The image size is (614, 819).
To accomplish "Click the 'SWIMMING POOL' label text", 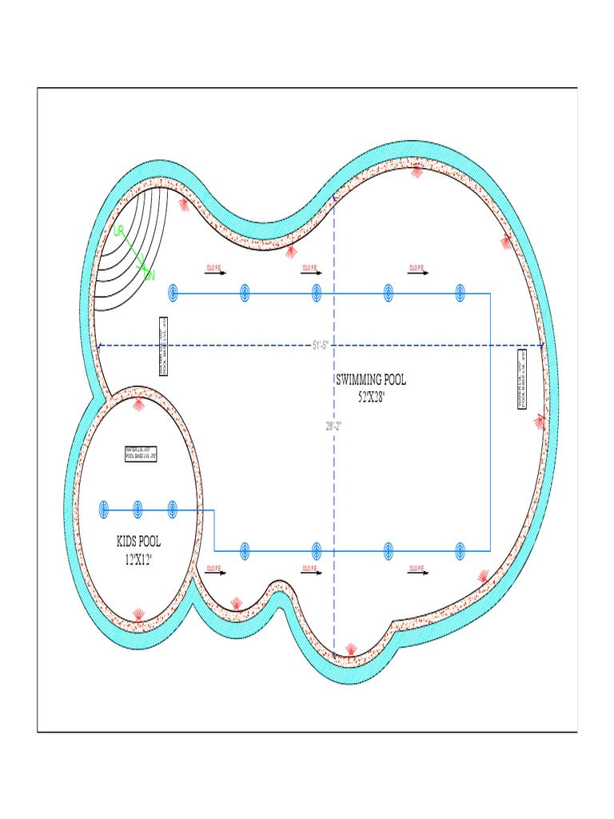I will click(370, 381).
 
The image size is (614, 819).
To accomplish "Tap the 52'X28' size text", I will click(371, 396).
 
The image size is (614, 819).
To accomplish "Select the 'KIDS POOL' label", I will click(138, 542).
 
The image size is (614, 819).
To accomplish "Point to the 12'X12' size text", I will click(138, 558).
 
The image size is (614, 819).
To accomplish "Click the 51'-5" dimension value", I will click(321, 346).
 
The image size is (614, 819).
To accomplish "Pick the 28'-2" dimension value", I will click(334, 426).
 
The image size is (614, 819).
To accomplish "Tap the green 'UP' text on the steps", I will click(119, 231).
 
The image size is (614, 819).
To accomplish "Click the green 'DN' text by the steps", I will click(149, 275).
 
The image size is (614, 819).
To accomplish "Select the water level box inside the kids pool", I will click(141, 453).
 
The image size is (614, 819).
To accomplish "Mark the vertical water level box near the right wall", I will click(522, 378).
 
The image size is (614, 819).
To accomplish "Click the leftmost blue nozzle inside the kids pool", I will click(103, 509).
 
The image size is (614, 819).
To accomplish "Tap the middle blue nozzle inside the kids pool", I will click(138, 509).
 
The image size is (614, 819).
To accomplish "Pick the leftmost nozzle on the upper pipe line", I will click(173, 294).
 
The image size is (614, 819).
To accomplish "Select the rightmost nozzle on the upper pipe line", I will click(460, 294).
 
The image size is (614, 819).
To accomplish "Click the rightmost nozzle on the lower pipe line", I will click(460, 550).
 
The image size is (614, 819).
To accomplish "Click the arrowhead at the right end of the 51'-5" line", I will click(541, 346).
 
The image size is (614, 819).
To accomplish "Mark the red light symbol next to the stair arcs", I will click(184, 204).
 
